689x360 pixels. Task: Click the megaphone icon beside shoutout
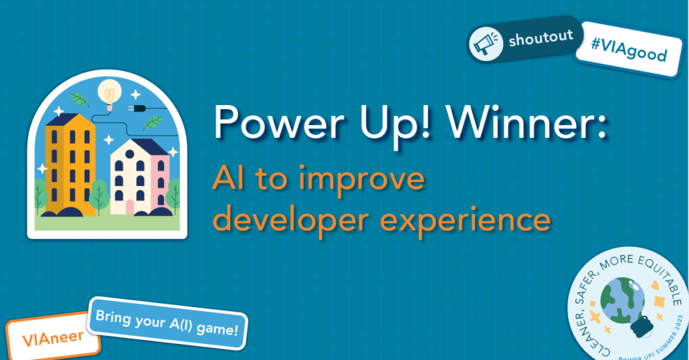(x=486, y=44)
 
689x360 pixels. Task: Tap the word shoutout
(x=541, y=37)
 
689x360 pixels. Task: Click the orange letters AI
(x=228, y=179)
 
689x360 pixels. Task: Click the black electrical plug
(x=137, y=108)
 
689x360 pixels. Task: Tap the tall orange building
(x=70, y=165)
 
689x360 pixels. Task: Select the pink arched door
(x=130, y=207)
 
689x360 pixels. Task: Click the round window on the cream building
(x=130, y=155)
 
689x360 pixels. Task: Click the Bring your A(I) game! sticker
(x=167, y=323)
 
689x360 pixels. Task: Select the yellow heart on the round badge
(x=655, y=285)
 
